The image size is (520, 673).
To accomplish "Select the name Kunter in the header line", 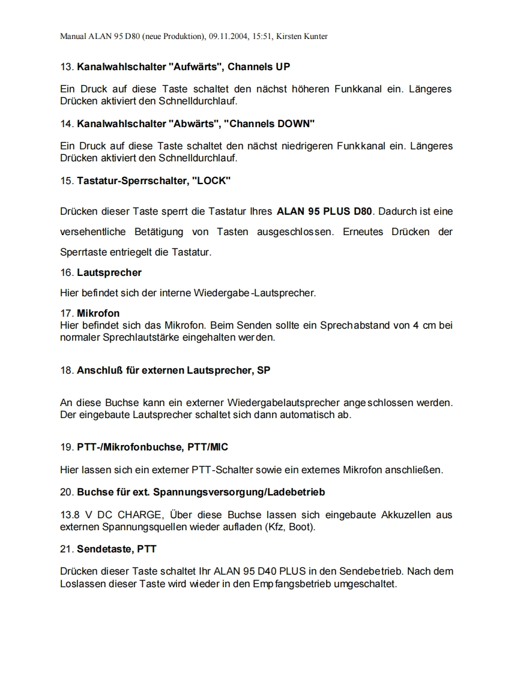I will [x=315, y=37].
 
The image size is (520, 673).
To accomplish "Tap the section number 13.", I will [x=66, y=66].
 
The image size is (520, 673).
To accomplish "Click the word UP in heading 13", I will [x=282, y=66].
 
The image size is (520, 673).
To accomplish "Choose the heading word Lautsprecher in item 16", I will [x=109, y=272].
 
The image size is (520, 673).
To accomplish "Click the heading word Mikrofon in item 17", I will [x=98, y=313].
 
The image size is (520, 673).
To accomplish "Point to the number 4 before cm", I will [x=416, y=326].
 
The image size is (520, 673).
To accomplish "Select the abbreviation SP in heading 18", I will [x=264, y=370].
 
